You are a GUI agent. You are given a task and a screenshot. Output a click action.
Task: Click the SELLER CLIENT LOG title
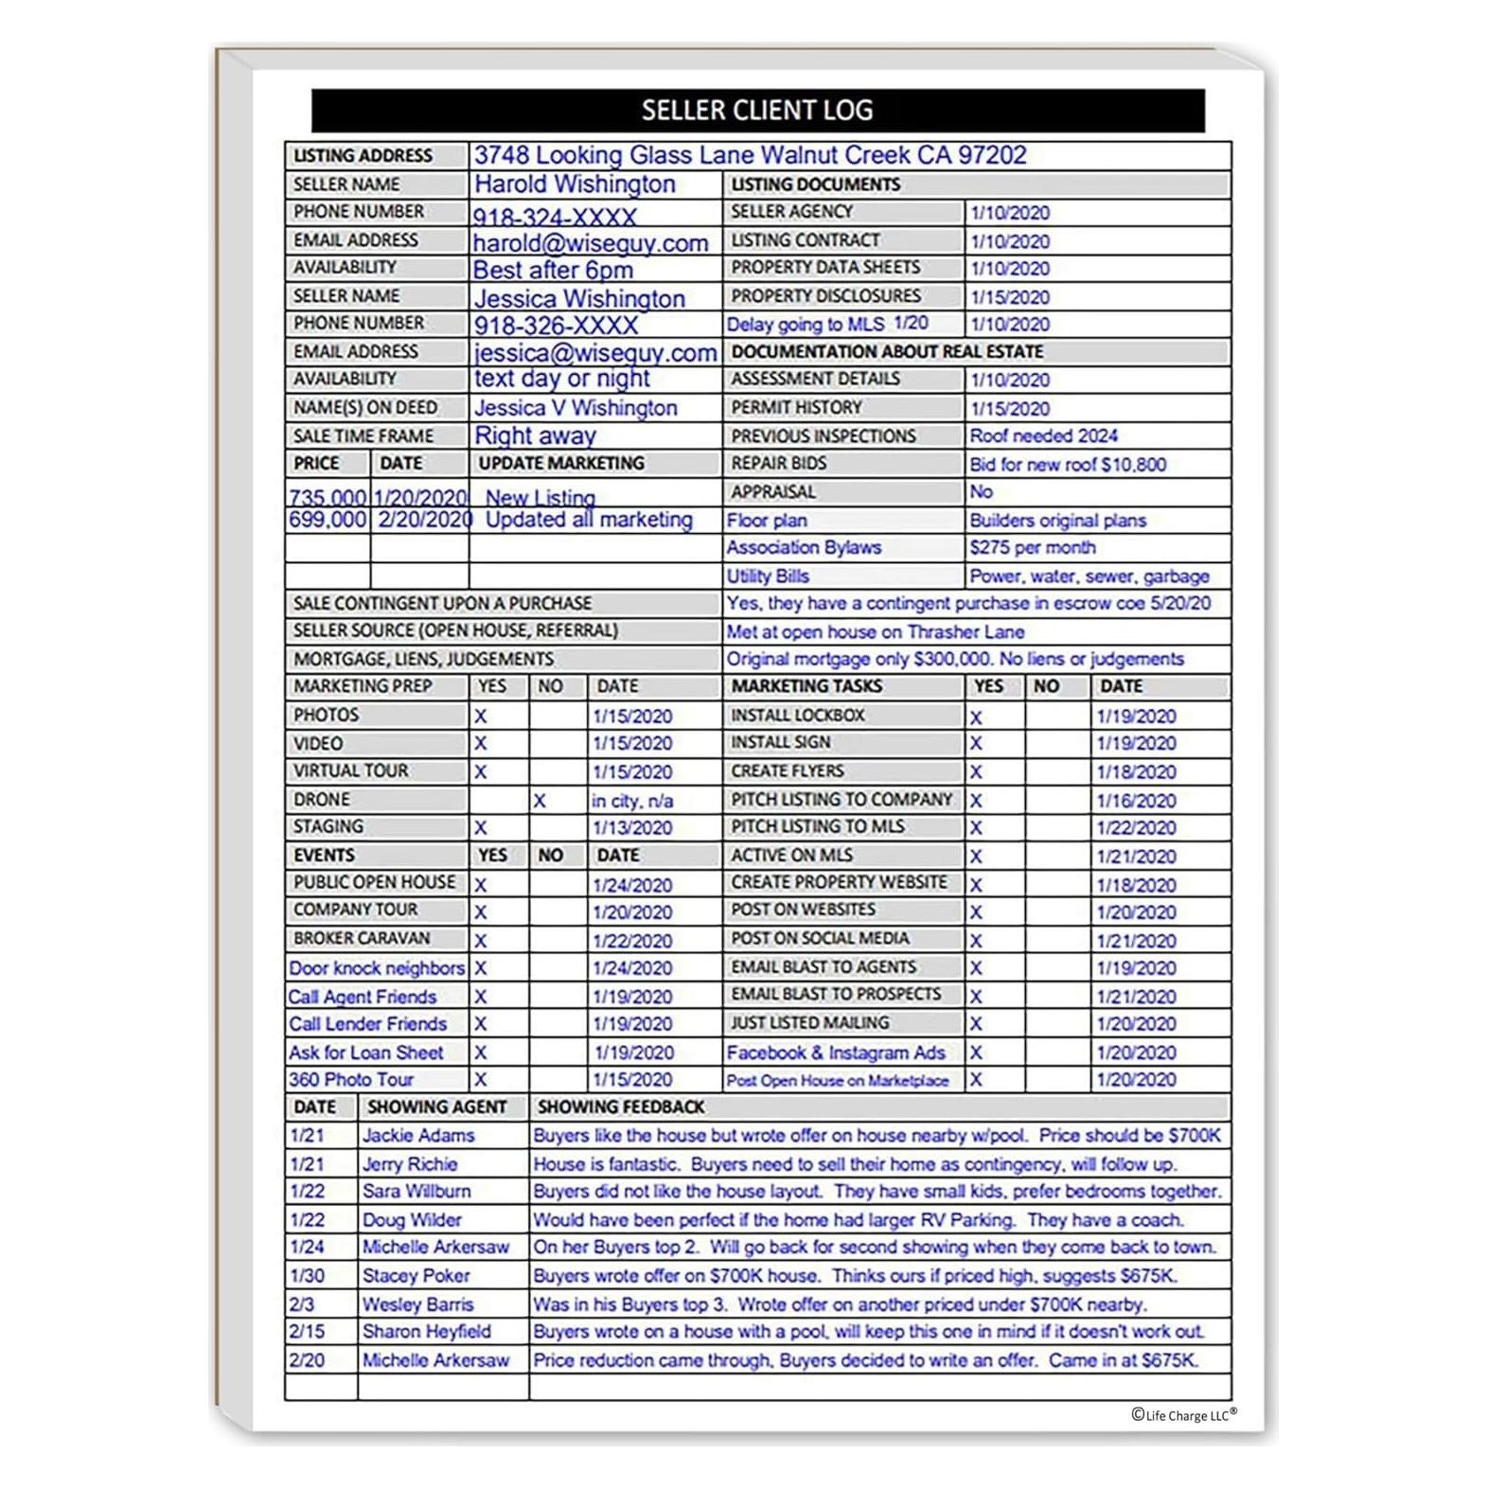tap(757, 110)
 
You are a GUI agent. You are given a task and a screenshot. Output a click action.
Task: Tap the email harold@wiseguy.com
tap(591, 242)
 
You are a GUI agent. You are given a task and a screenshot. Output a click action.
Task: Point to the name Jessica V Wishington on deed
tap(576, 408)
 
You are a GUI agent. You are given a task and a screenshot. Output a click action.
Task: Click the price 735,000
tap(328, 497)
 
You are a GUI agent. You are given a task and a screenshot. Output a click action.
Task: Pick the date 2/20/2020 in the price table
tap(424, 520)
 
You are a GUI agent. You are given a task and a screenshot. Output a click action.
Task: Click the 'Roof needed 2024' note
tap(1043, 435)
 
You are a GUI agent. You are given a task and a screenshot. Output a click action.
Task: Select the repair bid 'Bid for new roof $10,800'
tap(1068, 464)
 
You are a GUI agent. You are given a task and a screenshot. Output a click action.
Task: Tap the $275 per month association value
tap(1032, 547)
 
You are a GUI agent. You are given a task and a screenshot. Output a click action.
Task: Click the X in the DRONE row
tap(539, 801)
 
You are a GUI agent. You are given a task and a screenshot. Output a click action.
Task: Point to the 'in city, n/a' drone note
tap(632, 801)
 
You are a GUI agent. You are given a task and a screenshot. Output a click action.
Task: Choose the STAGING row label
tap(328, 826)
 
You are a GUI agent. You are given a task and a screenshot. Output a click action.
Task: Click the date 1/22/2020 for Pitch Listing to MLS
tap(1136, 827)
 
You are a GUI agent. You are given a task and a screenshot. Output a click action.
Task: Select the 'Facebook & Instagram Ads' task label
tap(836, 1052)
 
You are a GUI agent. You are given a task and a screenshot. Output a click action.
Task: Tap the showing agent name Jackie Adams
tap(418, 1135)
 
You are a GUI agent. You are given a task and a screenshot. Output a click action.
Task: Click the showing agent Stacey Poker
tap(416, 1275)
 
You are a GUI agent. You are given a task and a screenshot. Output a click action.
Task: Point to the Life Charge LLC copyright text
tap(1183, 1415)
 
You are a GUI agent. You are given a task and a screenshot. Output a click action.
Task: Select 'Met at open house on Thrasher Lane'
tap(876, 631)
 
